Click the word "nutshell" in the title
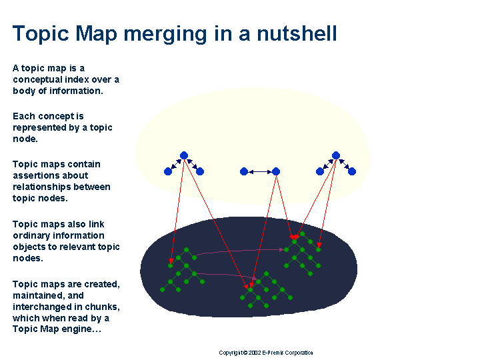(297, 33)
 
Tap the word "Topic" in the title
(41, 34)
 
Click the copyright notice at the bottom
(266, 353)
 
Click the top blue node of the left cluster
(184, 155)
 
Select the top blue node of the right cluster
(336, 155)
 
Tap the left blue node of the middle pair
(244, 171)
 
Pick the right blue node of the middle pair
(276, 171)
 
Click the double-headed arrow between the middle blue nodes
(260, 172)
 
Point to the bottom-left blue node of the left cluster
(168, 171)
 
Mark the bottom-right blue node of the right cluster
(352, 171)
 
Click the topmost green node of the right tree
(302, 234)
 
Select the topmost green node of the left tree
(186, 250)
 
